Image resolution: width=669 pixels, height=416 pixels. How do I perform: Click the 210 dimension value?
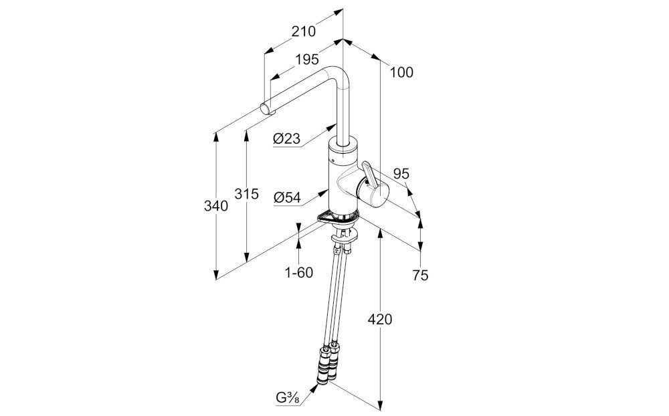[303, 31]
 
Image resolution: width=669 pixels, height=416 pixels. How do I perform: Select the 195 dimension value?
[307, 60]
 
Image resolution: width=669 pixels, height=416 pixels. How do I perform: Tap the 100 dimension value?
[401, 72]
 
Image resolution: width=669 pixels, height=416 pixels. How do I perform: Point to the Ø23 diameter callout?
[286, 138]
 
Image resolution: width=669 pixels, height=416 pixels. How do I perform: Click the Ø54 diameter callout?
[287, 197]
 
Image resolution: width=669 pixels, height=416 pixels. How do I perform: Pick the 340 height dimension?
[216, 206]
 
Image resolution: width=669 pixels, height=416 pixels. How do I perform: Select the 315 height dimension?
[247, 194]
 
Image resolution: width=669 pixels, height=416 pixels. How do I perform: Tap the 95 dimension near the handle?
[401, 174]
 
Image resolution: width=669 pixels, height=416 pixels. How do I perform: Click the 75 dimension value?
[420, 276]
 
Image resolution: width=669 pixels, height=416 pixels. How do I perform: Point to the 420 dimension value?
[380, 319]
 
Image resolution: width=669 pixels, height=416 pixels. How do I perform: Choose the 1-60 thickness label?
[298, 273]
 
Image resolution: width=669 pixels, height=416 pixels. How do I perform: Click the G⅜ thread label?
[288, 398]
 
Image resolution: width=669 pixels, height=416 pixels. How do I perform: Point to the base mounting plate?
[338, 219]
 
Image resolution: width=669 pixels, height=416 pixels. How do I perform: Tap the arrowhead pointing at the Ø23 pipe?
[332, 127]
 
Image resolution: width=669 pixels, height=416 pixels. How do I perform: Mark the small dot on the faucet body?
[333, 160]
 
